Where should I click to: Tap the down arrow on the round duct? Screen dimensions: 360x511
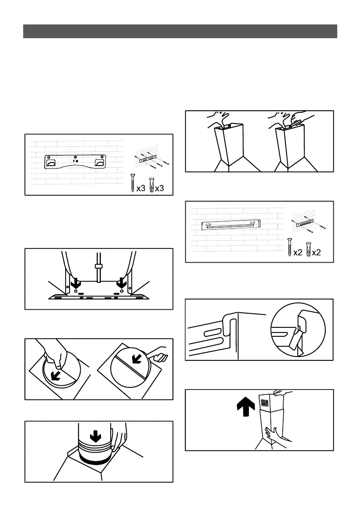click(96, 436)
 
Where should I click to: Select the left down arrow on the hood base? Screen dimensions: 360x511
click(76, 284)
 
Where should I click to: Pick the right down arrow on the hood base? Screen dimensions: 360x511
click(122, 284)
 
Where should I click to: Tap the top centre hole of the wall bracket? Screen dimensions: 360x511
click(76, 157)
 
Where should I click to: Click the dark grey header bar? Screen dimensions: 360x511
click(180, 32)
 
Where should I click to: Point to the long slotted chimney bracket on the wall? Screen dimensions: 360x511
click(232, 225)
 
